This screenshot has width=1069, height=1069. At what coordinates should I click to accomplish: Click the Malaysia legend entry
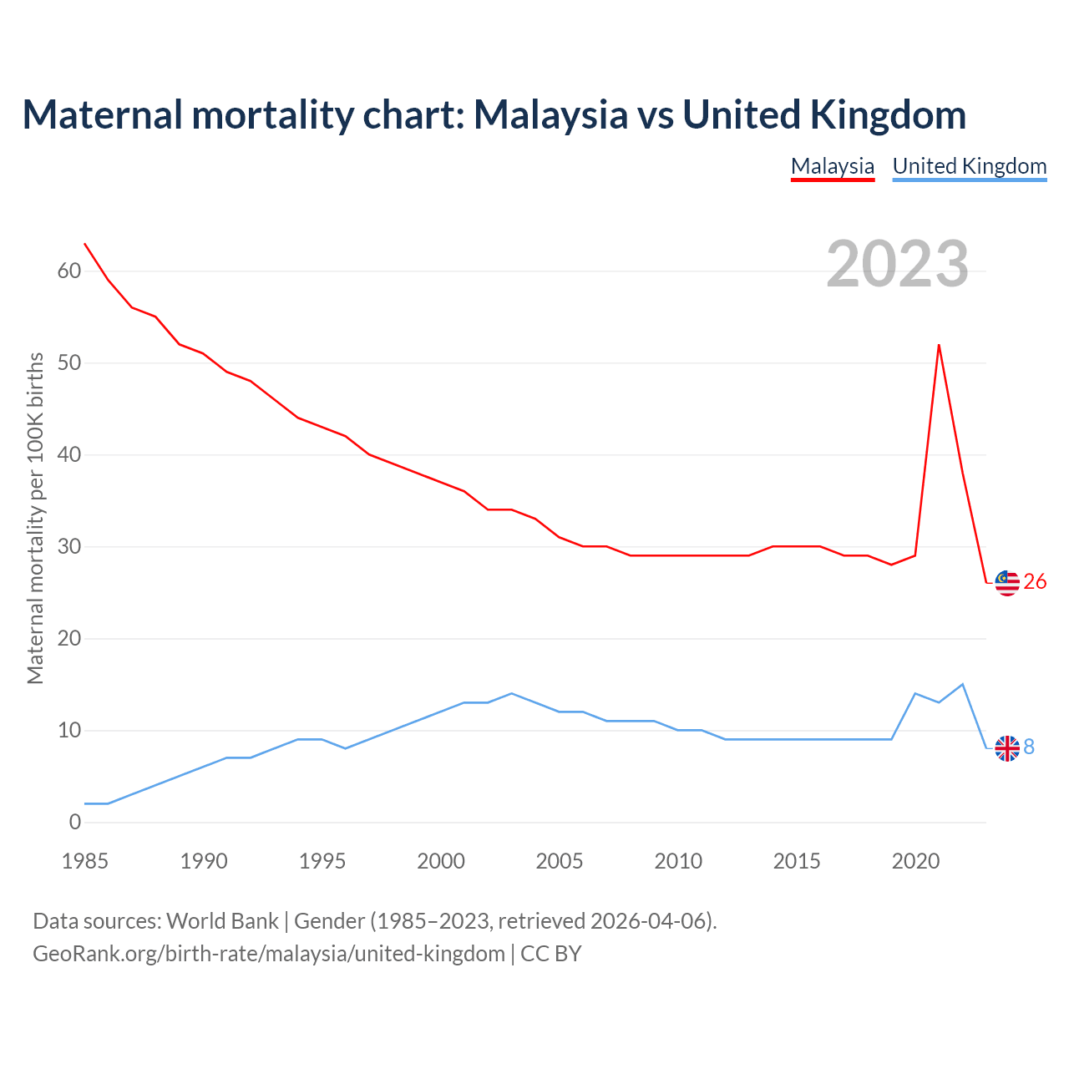[833, 166]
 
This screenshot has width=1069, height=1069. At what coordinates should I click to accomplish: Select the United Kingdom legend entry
[970, 166]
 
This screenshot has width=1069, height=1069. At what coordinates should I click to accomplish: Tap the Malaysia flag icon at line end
[1007, 583]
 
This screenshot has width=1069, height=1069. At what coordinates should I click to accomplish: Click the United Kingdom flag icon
[1007, 748]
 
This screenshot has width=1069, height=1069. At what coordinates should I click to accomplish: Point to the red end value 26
[1035, 582]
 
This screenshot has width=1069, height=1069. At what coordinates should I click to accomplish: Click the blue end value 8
[1029, 747]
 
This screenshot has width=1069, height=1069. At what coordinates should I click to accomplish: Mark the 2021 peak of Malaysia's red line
[939, 345]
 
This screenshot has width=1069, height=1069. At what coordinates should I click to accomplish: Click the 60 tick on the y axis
[69, 271]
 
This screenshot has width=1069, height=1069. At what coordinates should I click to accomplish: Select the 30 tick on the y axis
[69, 547]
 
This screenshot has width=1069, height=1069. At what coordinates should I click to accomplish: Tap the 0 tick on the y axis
[75, 823]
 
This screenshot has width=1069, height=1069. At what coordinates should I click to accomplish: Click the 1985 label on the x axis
[85, 861]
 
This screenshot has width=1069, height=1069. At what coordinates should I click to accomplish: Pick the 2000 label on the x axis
[441, 861]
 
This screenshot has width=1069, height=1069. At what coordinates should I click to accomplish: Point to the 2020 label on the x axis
[915, 861]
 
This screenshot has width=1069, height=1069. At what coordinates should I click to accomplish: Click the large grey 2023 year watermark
[898, 264]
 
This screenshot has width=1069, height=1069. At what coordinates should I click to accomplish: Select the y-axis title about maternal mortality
[35, 518]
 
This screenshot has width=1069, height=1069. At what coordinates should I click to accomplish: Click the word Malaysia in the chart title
[550, 114]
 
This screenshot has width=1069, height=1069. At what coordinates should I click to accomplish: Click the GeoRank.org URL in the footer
[269, 954]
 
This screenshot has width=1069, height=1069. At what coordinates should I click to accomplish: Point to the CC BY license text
[551, 954]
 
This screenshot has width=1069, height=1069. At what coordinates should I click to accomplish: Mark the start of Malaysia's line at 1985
[85, 244]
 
